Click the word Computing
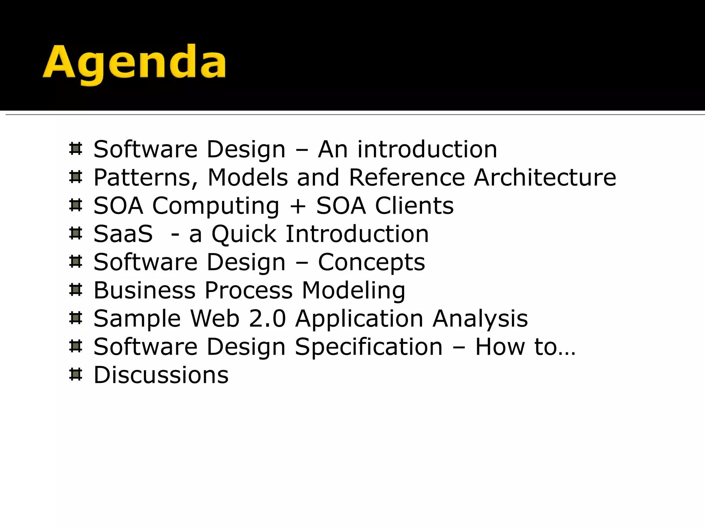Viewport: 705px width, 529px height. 215,206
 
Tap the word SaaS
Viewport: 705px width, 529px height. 123,234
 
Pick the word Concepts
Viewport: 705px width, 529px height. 371,262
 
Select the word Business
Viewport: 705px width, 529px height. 145,290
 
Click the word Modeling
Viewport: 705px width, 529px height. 354,290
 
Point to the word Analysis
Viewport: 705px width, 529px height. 480,319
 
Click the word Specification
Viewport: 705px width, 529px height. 369,347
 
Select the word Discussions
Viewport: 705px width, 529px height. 161,375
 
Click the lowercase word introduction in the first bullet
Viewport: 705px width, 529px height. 427,149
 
